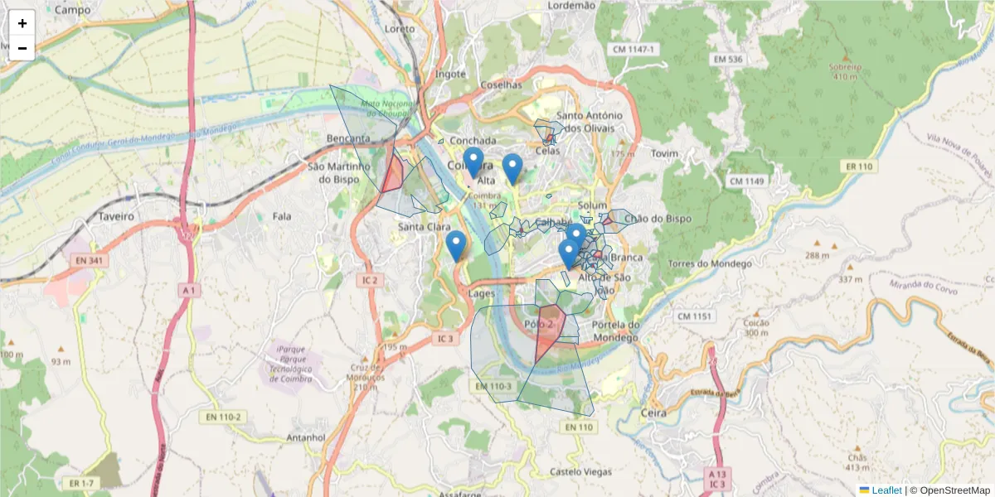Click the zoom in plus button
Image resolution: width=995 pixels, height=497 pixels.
point(22,23)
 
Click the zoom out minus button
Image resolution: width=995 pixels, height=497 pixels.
point(22,48)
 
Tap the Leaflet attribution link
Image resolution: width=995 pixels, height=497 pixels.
point(886,490)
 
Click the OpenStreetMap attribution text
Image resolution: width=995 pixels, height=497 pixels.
point(949,490)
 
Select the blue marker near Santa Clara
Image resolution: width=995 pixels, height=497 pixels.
point(455,246)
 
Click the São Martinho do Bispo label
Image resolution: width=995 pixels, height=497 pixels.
point(337,171)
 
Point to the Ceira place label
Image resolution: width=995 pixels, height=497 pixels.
point(654,412)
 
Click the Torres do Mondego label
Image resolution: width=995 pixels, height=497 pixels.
point(710,264)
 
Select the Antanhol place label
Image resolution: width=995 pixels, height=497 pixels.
point(306,437)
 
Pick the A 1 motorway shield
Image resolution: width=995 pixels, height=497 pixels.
point(190,291)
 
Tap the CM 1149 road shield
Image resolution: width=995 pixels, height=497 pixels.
point(745,181)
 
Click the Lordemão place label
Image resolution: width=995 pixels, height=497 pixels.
point(572,6)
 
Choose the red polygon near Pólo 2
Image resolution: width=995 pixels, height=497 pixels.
point(549,331)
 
